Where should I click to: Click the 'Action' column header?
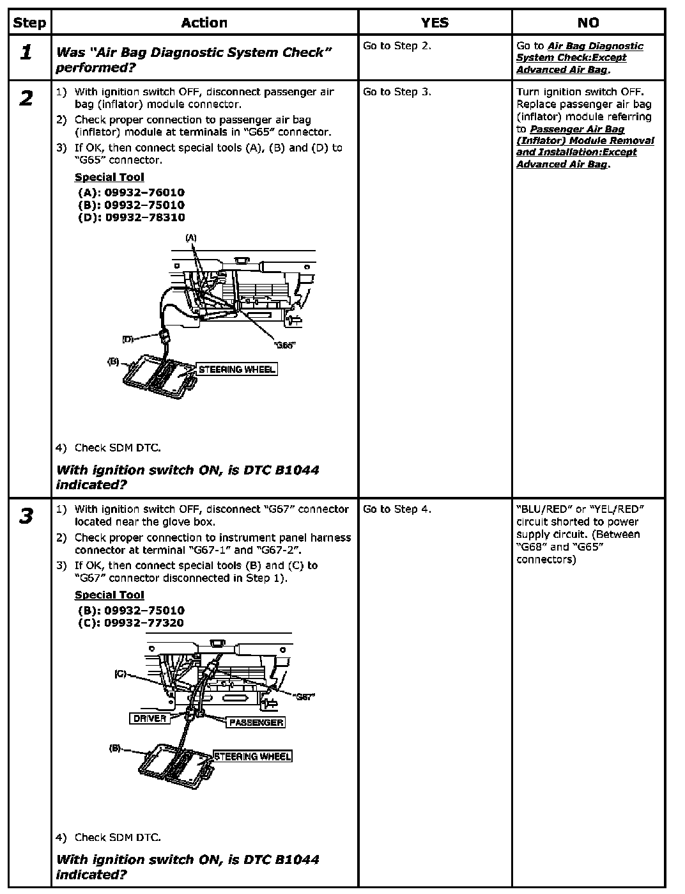click(204, 23)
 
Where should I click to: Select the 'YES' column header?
click(435, 23)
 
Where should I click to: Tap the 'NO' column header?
click(588, 23)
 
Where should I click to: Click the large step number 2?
click(26, 98)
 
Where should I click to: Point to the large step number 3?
click(26, 516)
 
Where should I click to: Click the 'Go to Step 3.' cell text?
click(397, 92)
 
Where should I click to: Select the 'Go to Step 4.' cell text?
click(397, 510)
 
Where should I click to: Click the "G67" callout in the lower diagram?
click(305, 696)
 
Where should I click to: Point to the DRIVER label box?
click(150, 719)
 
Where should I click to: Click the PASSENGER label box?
click(256, 723)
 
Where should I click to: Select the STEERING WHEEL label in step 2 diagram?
click(237, 370)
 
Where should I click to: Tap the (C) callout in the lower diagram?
click(120, 674)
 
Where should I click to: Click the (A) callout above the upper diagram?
click(191, 238)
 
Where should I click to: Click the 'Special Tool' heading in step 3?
click(109, 595)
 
